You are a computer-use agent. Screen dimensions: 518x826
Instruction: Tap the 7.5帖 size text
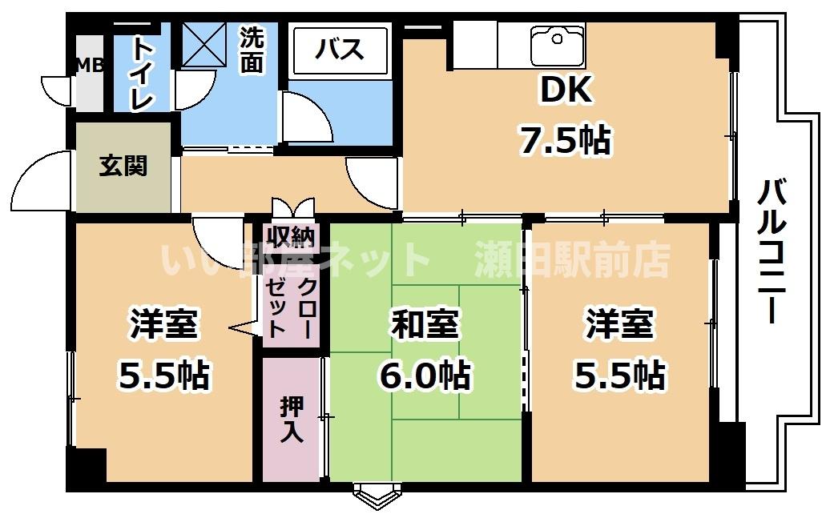click(564, 141)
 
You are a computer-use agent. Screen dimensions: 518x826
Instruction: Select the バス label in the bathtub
click(339, 50)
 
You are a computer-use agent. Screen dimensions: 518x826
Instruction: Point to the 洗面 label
click(252, 51)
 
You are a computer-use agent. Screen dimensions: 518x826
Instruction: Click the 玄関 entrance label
click(123, 167)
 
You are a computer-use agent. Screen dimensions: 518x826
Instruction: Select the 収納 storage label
click(292, 237)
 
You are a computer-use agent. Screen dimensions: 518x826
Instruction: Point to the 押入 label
click(291, 420)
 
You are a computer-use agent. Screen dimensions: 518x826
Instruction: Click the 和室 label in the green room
click(425, 326)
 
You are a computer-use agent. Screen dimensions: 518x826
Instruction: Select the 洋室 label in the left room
click(164, 326)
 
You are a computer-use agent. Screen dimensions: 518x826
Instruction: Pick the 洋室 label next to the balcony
click(619, 326)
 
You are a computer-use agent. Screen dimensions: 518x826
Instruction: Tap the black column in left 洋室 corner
click(87, 465)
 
